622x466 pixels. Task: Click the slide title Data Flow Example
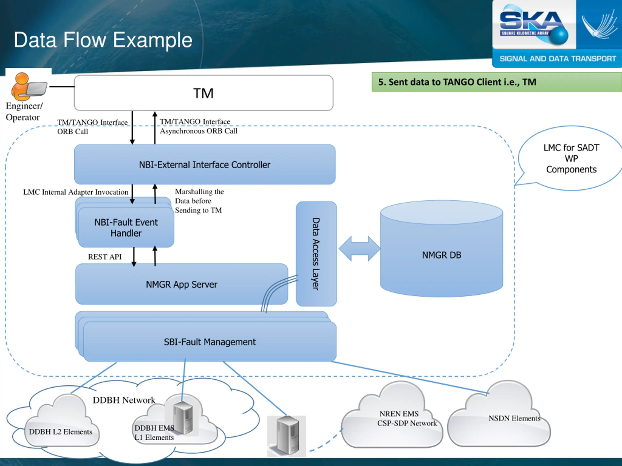103,40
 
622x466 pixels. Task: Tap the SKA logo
533,25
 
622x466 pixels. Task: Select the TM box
204,93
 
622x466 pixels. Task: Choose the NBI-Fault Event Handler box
126,227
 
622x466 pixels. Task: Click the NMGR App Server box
181,284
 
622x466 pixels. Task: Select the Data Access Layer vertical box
316,254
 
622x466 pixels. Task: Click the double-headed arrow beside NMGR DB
359,249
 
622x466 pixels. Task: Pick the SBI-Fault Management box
210,342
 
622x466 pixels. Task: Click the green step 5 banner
496,82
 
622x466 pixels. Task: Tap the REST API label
105,257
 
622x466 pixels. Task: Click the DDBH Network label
124,400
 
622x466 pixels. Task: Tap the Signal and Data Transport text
557,59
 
